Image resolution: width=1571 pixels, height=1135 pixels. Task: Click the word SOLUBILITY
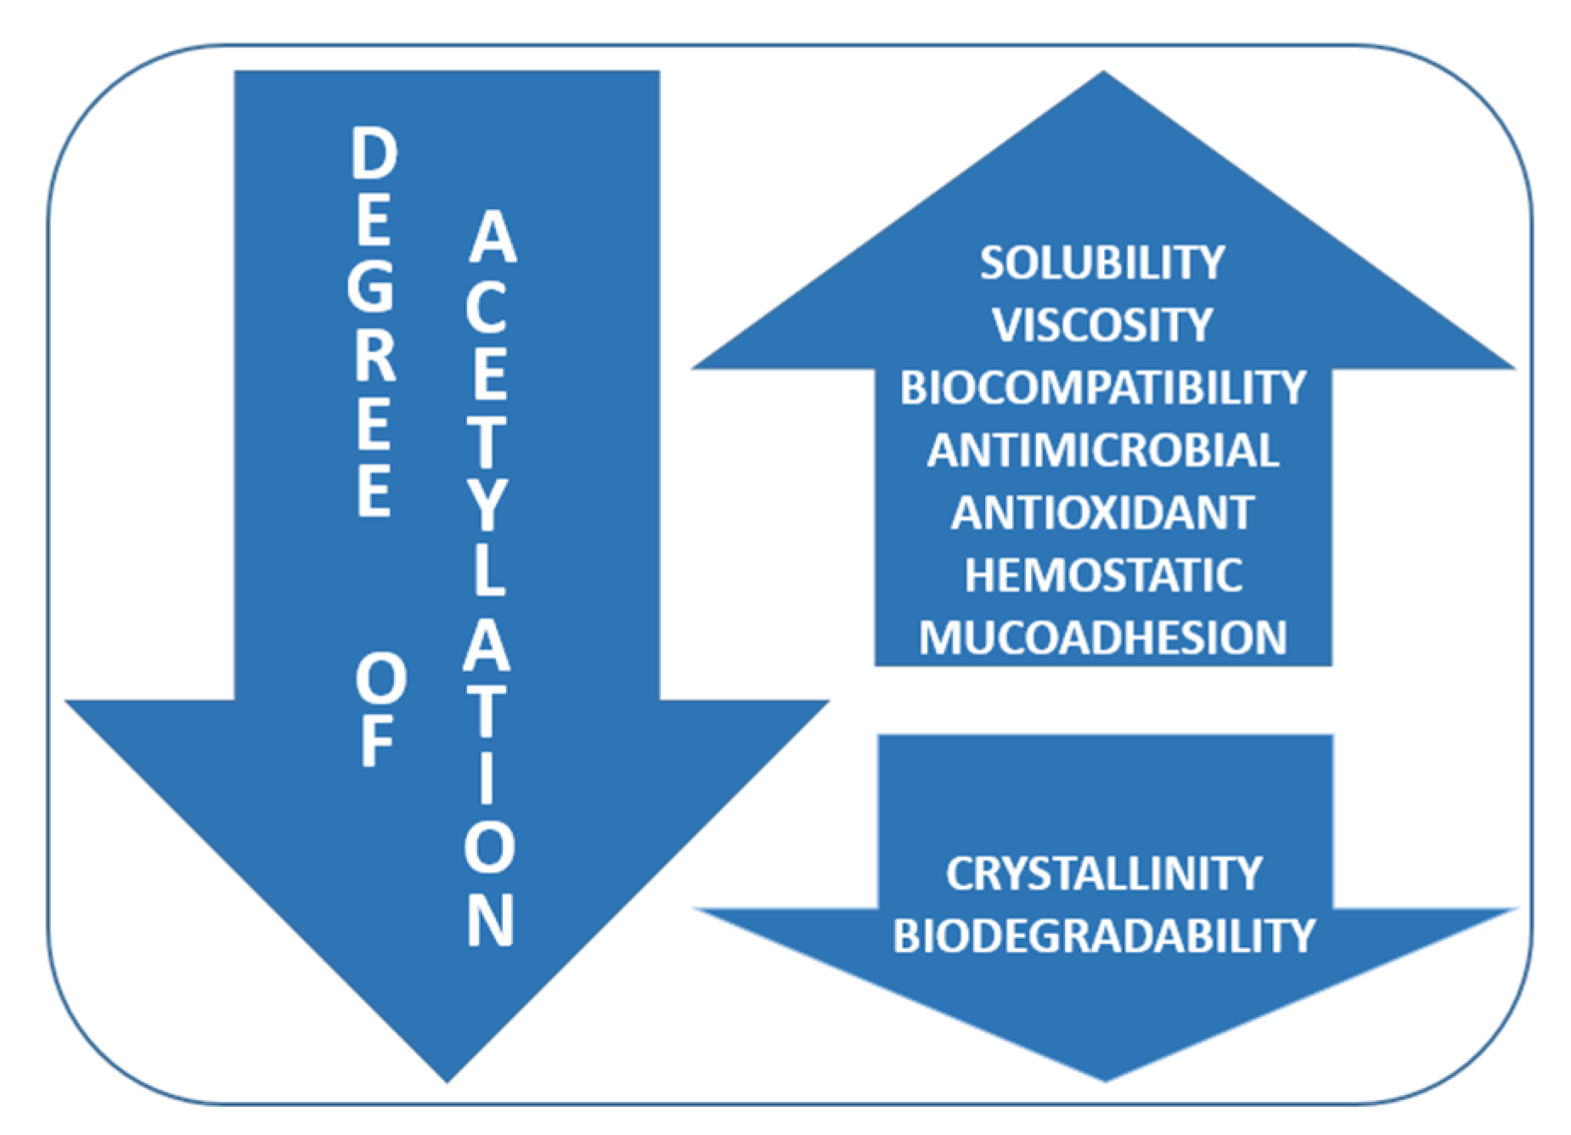pyautogui.click(x=1102, y=263)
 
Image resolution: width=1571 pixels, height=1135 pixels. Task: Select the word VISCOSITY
pyautogui.click(x=1102, y=325)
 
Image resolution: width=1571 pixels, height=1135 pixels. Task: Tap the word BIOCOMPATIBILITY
pyautogui.click(x=1102, y=387)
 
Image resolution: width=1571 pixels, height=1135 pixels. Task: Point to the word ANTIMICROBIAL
pyautogui.click(x=1102, y=450)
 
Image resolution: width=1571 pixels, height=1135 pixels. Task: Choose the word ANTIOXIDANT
pyautogui.click(x=1102, y=512)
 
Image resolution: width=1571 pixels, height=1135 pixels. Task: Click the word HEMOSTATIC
pyautogui.click(x=1102, y=575)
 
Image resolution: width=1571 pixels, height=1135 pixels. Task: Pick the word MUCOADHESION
pyautogui.click(x=1102, y=638)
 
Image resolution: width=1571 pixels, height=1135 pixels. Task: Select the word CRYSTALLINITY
pyautogui.click(x=1103, y=873)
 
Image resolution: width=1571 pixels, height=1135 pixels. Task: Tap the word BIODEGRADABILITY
pyautogui.click(x=1103, y=935)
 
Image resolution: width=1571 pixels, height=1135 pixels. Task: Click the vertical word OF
pyautogui.click(x=378, y=714)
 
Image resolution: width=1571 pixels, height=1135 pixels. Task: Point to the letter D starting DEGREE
pyautogui.click(x=374, y=154)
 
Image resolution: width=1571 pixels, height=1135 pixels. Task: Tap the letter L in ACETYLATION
pyautogui.click(x=487, y=572)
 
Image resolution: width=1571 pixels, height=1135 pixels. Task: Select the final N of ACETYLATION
pyautogui.click(x=490, y=919)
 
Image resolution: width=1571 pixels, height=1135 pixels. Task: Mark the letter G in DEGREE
pyautogui.click(x=372, y=285)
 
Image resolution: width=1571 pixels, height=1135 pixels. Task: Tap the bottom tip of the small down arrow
pyautogui.click(x=1105, y=1079)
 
